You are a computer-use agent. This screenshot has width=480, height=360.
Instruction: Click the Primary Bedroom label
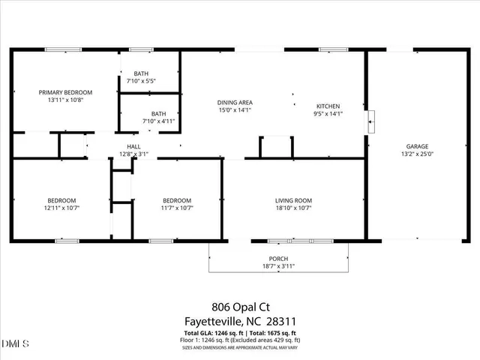pos(65,91)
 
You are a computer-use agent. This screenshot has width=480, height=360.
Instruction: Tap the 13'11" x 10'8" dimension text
pos(65,100)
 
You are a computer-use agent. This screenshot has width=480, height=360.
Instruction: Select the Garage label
pos(418,146)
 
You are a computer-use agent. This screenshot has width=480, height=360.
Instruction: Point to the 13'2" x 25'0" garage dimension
pos(418,154)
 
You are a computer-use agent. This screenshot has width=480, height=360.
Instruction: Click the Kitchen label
pos(328,106)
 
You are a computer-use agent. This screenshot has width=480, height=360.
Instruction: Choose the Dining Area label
pos(235,102)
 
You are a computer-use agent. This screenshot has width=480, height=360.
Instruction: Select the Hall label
pos(133,146)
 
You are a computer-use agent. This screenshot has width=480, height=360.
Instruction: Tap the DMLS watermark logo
pos(13,344)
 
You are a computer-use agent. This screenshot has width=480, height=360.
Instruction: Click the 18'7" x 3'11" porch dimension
pos(279,265)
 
